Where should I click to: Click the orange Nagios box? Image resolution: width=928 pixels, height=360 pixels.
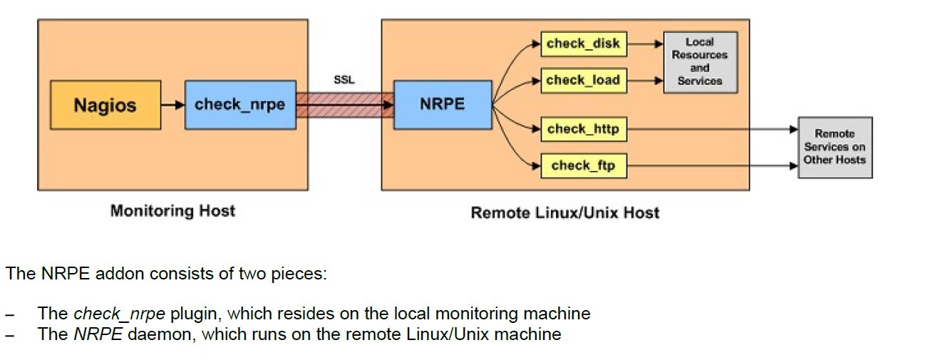pos(105,105)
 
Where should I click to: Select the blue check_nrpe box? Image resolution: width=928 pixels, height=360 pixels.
pos(239,105)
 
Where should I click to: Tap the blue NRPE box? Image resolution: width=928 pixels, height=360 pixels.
pos(442,105)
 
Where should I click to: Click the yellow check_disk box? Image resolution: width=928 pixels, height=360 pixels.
pos(584,43)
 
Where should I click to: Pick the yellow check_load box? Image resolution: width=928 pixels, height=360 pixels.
pos(583,81)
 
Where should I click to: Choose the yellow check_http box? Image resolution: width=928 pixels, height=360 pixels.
pos(583,129)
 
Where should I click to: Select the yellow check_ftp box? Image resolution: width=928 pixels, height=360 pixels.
pos(583,166)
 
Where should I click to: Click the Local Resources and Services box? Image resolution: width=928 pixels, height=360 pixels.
pos(699,62)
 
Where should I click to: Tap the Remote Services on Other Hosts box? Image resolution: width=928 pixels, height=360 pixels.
pos(834,147)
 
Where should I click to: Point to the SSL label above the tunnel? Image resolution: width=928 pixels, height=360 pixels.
pos(344,81)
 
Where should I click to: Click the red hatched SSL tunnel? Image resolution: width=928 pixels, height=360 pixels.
pos(344,106)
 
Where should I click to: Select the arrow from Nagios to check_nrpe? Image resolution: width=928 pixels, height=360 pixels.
pos(172,106)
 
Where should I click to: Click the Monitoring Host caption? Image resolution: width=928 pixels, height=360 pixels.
pos(172,211)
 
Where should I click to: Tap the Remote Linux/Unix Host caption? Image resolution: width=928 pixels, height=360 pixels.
pos(564,212)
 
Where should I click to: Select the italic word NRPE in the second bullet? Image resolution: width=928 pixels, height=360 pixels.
pos(98,334)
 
